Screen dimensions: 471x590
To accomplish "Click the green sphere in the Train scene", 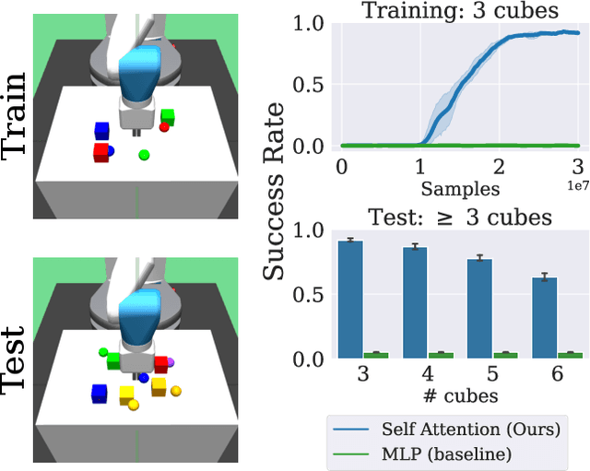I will [143, 155].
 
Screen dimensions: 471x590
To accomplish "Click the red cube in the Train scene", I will [100, 152].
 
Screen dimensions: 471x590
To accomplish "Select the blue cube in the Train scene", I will [101, 131].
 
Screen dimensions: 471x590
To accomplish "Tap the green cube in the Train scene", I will [168, 116].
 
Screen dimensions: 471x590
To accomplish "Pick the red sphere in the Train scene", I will [164, 128].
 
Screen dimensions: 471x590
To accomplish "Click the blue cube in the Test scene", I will [100, 394].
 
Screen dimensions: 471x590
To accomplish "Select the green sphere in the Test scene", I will [104, 352].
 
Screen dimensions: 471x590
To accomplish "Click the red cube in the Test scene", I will [160, 364].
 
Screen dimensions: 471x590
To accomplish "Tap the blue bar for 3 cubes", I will [350, 299].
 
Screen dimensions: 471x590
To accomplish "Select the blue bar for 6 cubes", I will [546, 317].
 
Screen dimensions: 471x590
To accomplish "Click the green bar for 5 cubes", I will [505, 354].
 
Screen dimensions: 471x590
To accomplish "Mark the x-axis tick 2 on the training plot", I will [499, 166].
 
